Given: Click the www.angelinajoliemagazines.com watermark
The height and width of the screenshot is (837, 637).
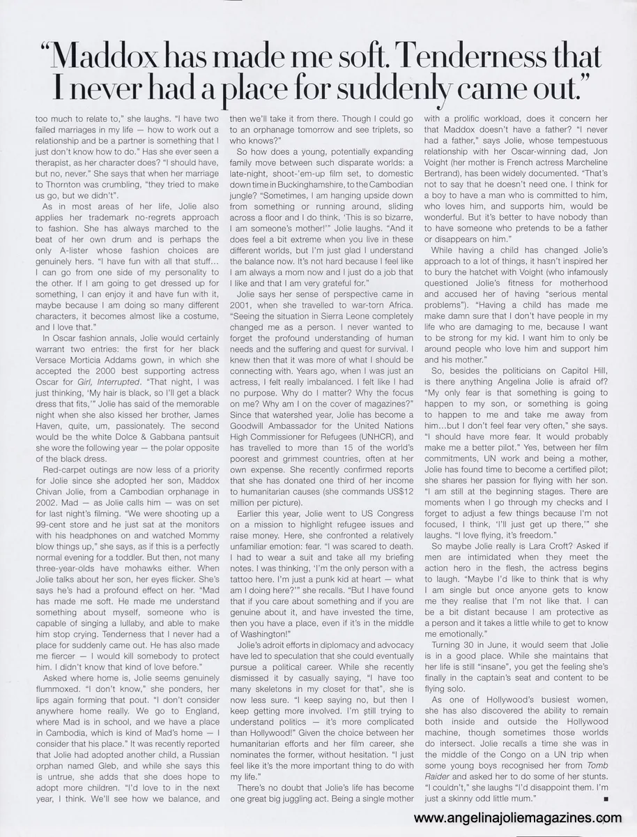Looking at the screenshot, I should click(518, 818).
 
